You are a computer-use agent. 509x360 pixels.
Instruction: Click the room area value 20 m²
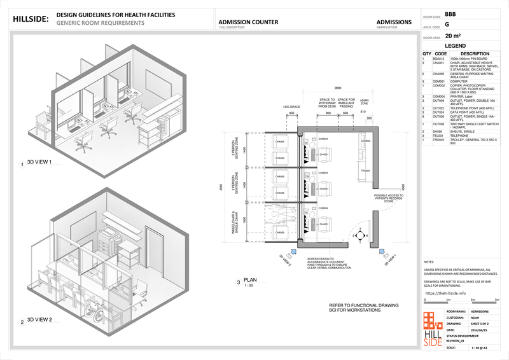pos(453,36)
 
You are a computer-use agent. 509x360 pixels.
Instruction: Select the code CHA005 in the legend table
pos(438,74)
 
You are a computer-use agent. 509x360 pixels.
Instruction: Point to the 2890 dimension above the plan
pos(338,87)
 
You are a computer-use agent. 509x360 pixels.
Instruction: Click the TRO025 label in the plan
pos(365,170)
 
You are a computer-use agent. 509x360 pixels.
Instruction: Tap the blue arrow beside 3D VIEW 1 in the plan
pos(383,251)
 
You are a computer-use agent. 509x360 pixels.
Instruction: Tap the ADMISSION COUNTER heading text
pos(248,22)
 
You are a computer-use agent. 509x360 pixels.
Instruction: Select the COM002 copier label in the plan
pos(365,141)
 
